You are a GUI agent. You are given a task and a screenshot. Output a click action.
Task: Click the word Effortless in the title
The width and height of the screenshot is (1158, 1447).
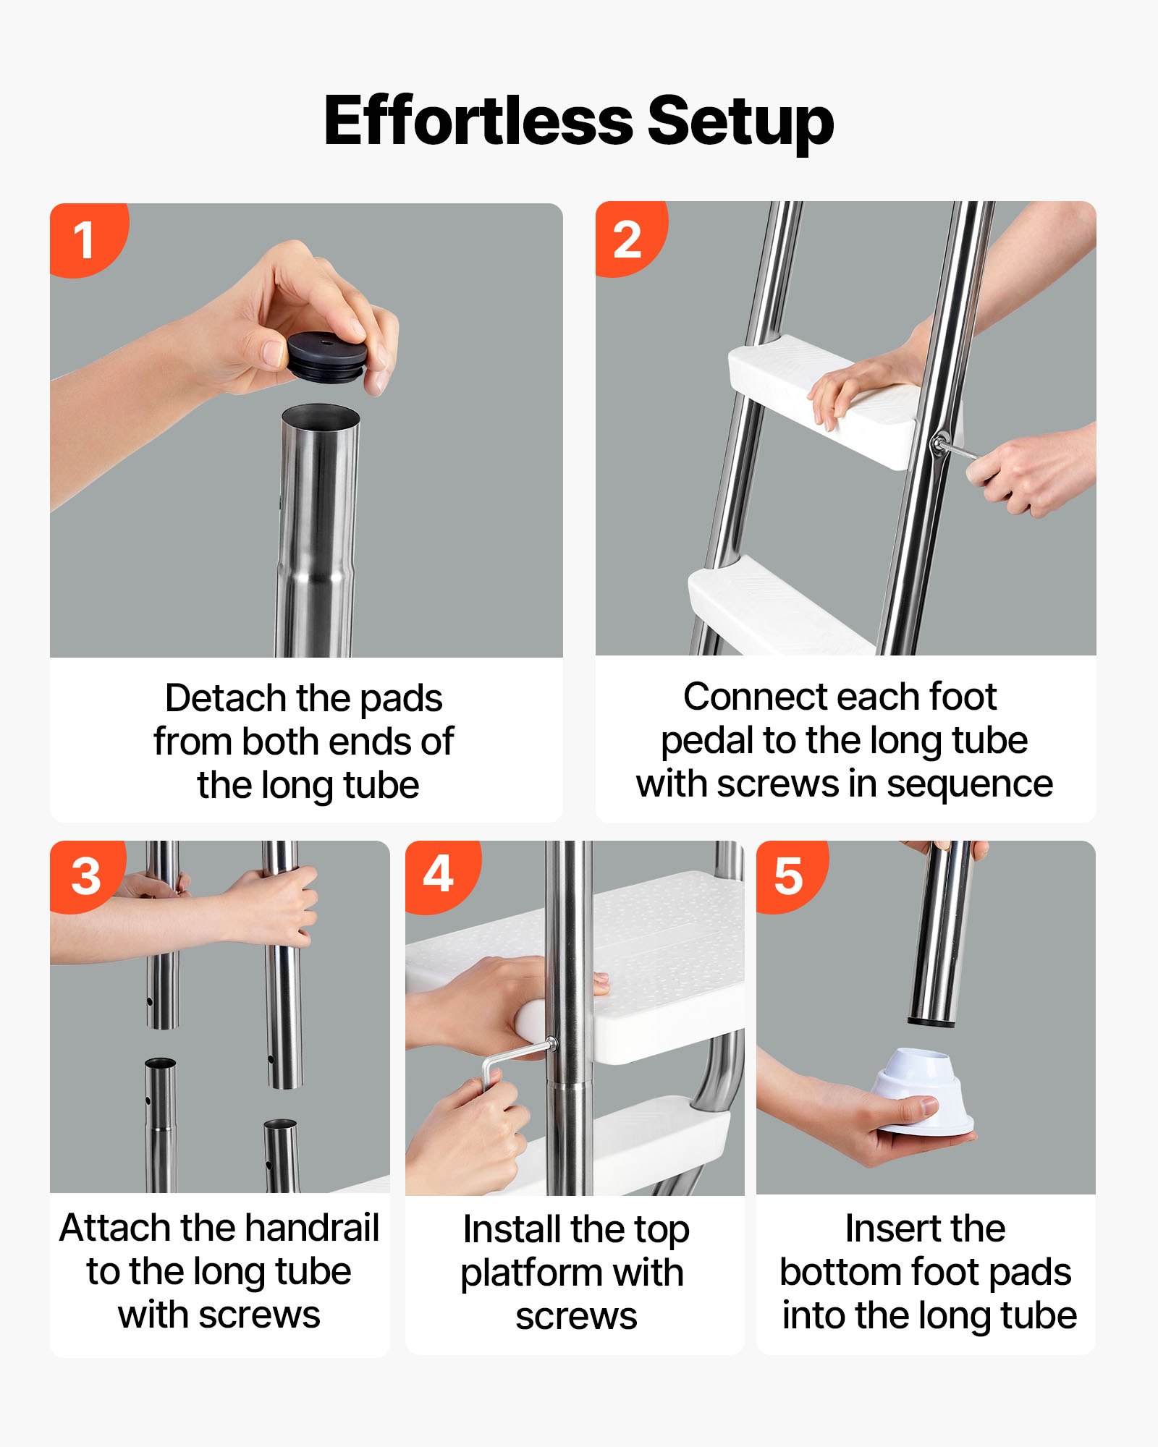point(478,120)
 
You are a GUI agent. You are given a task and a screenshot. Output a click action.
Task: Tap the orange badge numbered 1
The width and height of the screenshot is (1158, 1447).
point(84,239)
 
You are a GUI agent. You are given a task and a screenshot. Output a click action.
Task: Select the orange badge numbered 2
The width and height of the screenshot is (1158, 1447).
point(627,239)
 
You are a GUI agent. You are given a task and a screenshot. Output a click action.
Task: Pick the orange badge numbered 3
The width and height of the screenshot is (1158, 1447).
point(85,877)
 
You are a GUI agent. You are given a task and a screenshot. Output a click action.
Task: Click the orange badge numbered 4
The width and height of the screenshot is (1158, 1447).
point(439,875)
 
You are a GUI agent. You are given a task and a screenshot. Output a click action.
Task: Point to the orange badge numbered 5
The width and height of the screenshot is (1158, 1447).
point(788,876)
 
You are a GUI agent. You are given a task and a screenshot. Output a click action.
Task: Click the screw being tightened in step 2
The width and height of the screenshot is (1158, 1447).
point(940,443)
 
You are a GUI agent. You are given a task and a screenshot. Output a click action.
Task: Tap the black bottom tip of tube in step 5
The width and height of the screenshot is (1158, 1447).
point(932,1022)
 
